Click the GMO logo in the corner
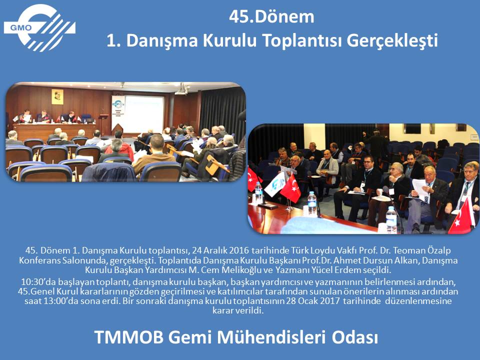point(39,28)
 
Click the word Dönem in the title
point(284,17)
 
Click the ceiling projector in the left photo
point(182,89)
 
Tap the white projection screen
point(144,113)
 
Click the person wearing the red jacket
point(119,147)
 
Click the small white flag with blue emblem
point(275,184)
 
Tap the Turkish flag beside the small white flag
point(291,189)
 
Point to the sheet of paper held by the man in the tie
point(420,189)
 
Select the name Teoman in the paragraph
point(407,250)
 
